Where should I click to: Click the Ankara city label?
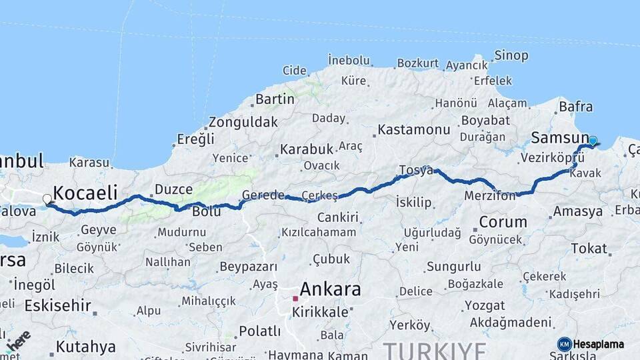[x=330, y=289]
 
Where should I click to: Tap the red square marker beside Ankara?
[x=295, y=298]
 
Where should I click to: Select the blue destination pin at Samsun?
[x=592, y=141]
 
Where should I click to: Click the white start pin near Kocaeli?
[x=47, y=199]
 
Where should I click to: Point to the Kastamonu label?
[x=413, y=129]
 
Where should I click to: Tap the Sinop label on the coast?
[x=511, y=55]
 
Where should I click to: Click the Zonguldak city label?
[x=243, y=122]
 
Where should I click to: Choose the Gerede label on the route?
[x=259, y=195]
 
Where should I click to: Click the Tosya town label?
[x=416, y=170]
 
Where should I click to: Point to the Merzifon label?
[x=490, y=196]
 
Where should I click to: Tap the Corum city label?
[x=503, y=221]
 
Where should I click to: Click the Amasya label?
[x=577, y=211]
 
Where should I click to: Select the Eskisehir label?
[x=57, y=305]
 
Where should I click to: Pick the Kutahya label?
[x=85, y=347]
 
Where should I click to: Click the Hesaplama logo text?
[x=598, y=344]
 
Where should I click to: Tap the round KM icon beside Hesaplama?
[x=564, y=344]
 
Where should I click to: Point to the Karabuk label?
[x=306, y=149]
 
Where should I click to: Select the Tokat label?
[x=589, y=249]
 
